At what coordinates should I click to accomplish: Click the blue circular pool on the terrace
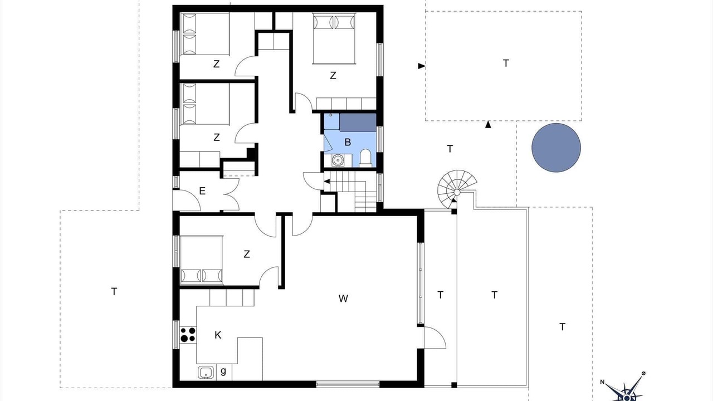click(x=556, y=148)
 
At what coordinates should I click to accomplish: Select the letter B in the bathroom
click(x=348, y=142)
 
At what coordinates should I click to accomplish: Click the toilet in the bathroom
click(x=365, y=158)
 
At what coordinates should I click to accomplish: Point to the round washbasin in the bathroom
click(x=337, y=160)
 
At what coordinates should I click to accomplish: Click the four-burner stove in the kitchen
click(x=188, y=335)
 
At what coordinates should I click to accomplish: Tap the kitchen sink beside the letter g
click(x=206, y=372)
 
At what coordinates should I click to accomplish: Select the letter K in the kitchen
click(x=218, y=335)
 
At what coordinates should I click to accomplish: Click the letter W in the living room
click(x=343, y=299)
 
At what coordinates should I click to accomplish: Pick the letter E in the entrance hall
click(x=202, y=191)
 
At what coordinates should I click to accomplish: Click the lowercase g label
click(x=223, y=371)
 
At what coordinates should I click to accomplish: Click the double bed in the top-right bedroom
click(x=334, y=38)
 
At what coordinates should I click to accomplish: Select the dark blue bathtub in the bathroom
click(x=358, y=123)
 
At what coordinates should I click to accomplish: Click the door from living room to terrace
click(x=435, y=338)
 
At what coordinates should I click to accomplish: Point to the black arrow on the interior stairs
click(x=327, y=182)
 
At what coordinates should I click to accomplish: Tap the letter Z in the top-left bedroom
click(x=217, y=64)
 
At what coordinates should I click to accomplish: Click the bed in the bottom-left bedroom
click(x=202, y=260)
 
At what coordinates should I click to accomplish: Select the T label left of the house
click(x=114, y=291)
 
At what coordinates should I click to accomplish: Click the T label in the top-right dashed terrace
click(x=506, y=63)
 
